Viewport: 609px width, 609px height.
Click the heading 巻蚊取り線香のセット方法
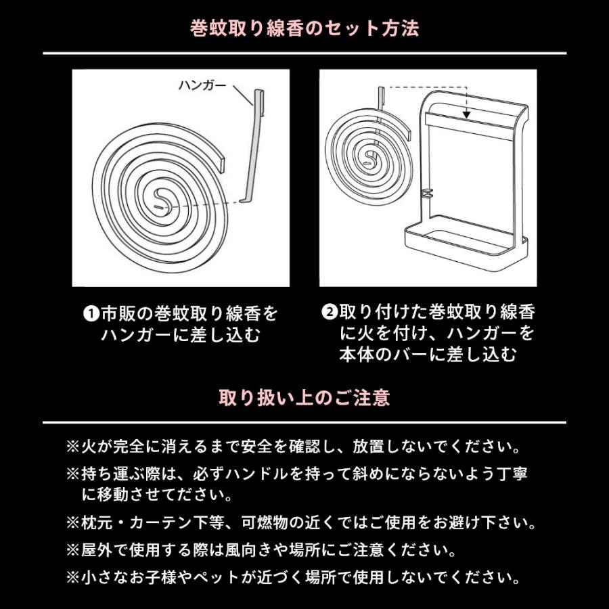click(x=304, y=29)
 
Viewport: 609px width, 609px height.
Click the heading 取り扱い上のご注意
click(x=304, y=397)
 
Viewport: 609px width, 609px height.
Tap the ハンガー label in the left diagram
click(x=202, y=86)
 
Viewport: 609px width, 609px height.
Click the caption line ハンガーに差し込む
click(x=181, y=335)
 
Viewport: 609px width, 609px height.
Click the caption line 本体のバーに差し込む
click(x=428, y=354)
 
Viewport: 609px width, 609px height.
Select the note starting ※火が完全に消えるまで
click(x=294, y=447)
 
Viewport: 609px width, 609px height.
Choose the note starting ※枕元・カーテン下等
click(x=301, y=523)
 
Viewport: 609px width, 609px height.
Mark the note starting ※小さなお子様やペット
click(x=294, y=578)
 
